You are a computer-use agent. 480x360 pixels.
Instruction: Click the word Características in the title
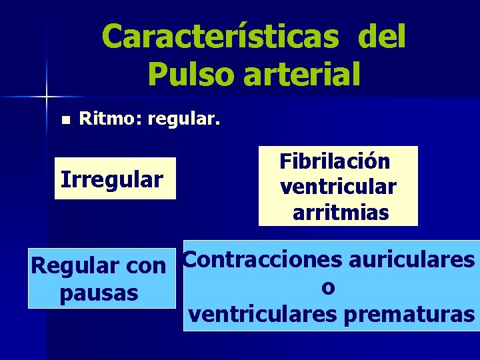[220, 37]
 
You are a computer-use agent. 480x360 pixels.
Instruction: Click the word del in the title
[382, 37]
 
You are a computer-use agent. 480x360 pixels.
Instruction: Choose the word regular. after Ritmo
[183, 120]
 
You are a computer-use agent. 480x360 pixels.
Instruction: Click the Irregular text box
[112, 179]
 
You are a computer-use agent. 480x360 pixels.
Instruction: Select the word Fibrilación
[335, 161]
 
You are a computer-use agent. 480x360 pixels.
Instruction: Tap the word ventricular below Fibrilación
[339, 187]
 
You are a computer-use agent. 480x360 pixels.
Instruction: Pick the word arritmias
[341, 213]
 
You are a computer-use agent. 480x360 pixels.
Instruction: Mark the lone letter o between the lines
[327, 287]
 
